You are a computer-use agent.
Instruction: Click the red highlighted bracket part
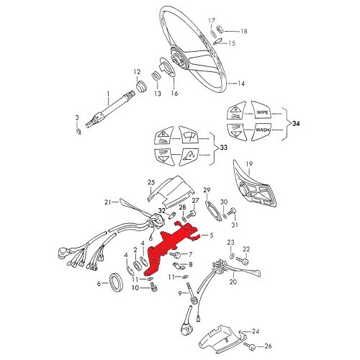click(x=168, y=247)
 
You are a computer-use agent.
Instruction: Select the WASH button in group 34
click(x=261, y=131)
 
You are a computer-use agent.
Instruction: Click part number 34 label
click(x=296, y=124)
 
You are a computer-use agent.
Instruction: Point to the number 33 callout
click(x=223, y=148)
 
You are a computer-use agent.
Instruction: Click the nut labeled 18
click(x=220, y=30)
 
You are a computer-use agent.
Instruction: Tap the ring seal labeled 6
click(x=117, y=282)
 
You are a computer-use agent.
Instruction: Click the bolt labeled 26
click(x=249, y=346)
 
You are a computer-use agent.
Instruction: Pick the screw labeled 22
click(x=242, y=261)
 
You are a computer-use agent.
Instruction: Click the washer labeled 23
click(x=232, y=256)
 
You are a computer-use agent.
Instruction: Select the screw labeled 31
click(x=233, y=211)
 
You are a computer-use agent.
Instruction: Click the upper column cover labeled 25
click(x=171, y=192)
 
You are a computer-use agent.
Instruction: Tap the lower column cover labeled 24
click(x=220, y=338)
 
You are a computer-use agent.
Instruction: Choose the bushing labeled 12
click(x=141, y=86)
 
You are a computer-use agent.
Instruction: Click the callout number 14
click(x=241, y=84)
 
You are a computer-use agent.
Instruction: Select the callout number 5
click(x=211, y=235)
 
